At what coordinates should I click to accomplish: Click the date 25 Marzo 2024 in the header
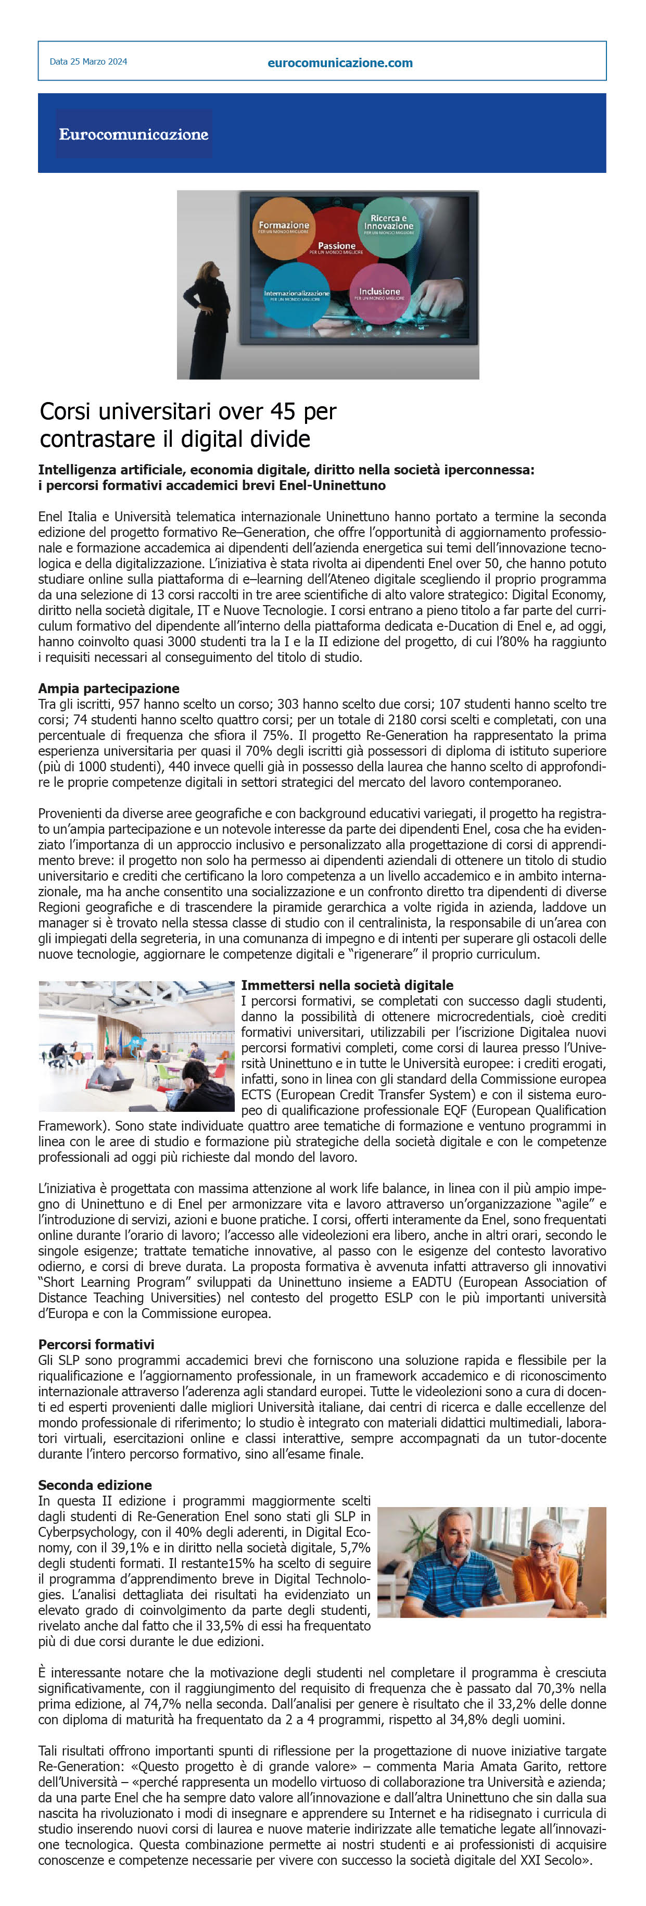[88, 62]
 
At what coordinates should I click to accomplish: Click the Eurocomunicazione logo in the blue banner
[134, 134]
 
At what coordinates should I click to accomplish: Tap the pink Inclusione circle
[379, 292]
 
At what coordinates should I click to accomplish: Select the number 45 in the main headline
[283, 411]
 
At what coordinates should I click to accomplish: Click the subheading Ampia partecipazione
[109, 688]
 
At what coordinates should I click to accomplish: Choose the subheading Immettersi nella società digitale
[347, 985]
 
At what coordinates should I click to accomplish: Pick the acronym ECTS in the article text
[258, 1094]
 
